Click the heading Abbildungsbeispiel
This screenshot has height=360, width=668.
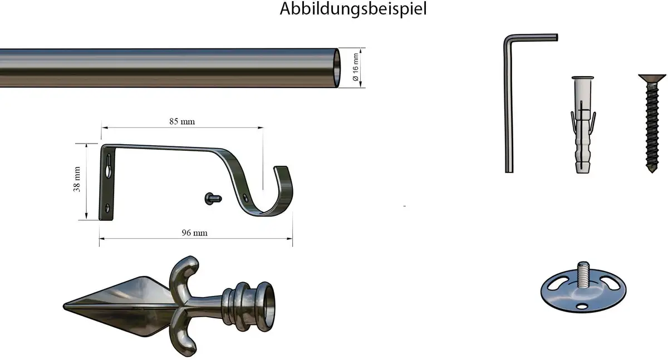[353, 9]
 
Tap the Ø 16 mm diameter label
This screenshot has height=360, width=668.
[355, 67]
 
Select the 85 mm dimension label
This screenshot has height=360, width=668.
[182, 122]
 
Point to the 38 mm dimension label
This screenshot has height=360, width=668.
[77, 179]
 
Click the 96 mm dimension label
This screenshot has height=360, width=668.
[194, 233]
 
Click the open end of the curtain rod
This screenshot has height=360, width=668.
[336, 68]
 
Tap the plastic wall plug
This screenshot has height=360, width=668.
[583, 125]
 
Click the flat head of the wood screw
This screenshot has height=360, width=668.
[652, 78]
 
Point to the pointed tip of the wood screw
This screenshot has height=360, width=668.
[652, 172]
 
